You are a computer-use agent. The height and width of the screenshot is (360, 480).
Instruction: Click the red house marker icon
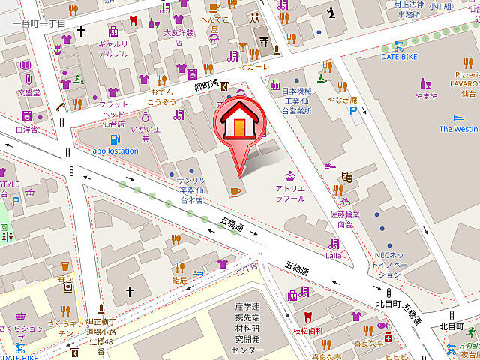[x=240, y=120]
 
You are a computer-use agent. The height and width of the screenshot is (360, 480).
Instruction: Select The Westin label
[x=458, y=129]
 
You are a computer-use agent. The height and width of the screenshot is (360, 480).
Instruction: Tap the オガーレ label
[x=253, y=66]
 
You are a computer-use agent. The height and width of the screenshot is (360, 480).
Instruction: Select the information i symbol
[x=331, y=12]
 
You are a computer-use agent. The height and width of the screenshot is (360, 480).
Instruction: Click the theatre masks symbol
[x=347, y=176]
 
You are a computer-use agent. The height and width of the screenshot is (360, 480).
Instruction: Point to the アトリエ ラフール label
[x=289, y=193]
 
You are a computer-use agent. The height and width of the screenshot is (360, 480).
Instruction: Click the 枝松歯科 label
[x=307, y=330]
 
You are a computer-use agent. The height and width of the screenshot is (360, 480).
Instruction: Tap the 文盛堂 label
[x=28, y=93]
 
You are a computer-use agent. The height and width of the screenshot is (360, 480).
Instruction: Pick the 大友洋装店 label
[x=179, y=37]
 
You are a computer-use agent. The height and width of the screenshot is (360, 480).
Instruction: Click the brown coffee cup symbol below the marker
[x=235, y=192]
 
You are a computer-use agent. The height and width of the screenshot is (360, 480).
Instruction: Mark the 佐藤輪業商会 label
[x=344, y=219]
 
